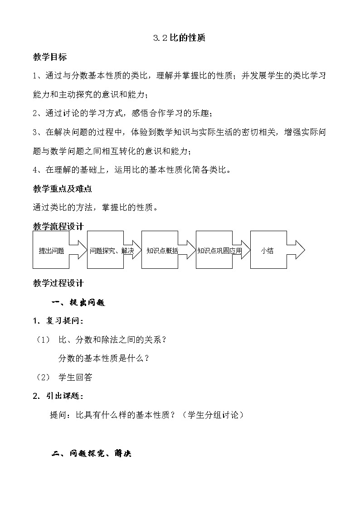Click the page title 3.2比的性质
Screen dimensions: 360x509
click(180, 39)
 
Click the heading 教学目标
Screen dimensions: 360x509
click(50, 57)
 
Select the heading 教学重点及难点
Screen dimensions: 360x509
click(63, 189)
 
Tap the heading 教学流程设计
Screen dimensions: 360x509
click(58, 226)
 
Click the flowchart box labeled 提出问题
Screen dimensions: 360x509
click(51, 250)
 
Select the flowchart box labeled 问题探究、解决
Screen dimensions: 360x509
click(105, 250)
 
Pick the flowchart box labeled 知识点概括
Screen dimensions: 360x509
click(160, 250)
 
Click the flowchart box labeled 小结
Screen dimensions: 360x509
click(268, 250)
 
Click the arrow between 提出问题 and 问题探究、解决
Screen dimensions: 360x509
click(78, 250)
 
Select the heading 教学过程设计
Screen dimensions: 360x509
click(58, 283)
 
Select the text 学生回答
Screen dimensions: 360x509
click(76, 377)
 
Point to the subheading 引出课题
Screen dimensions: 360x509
click(64, 396)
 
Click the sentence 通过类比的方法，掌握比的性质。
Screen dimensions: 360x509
click(96, 208)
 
